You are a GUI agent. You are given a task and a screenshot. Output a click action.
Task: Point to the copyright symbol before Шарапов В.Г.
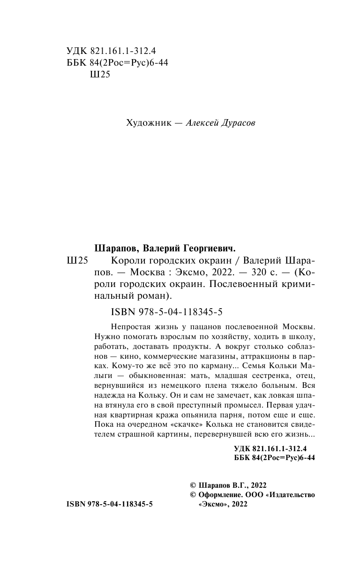point(191,485)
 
